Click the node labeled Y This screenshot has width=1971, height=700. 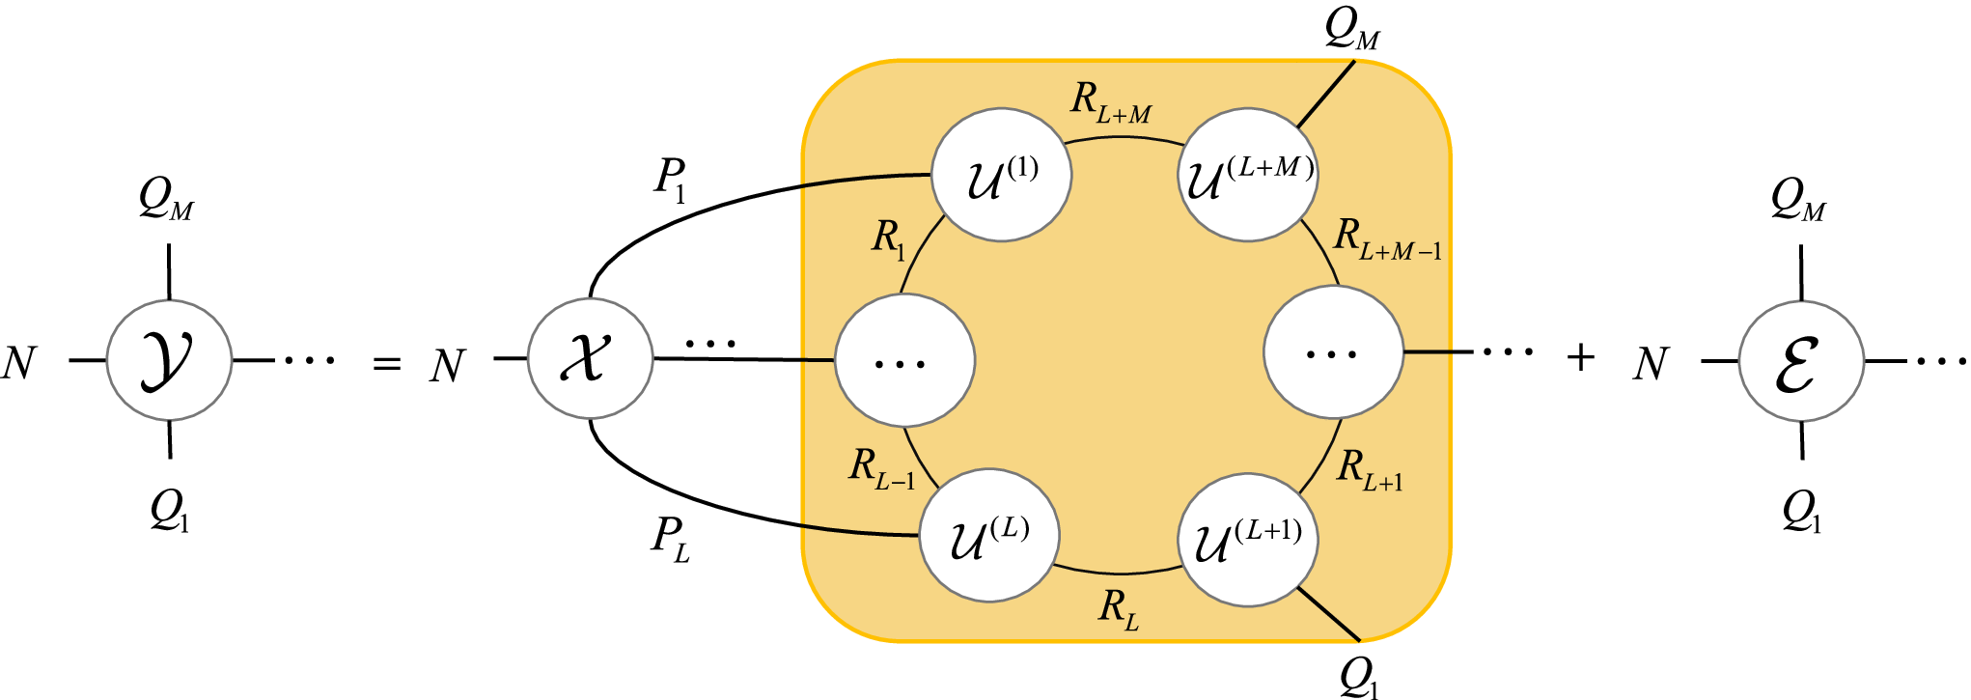(x=169, y=359)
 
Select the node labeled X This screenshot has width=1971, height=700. (x=590, y=359)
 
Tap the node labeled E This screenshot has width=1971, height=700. (x=1801, y=361)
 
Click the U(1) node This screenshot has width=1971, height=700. (x=1001, y=175)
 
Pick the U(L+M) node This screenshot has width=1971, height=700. (x=1247, y=175)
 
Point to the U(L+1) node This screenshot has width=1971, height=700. (x=1248, y=539)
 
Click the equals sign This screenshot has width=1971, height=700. (x=386, y=364)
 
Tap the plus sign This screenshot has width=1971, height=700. (x=1581, y=358)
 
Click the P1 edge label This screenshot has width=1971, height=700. (x=670, y=180)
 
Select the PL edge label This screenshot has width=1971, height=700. (x=670, y=539)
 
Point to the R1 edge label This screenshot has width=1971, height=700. (x=889, y=238)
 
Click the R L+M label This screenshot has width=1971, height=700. (x=1110, y=102)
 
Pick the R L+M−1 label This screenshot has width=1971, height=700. (x=1386, y=239)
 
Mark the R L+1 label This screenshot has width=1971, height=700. (x=1370, y=470)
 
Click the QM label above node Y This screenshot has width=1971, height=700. (x=166, y=200)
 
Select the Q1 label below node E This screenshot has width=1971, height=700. (x=1801, y=511)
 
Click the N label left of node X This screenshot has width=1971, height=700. (x=447, y=366)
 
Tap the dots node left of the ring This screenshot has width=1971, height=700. (x=904, y=360)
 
